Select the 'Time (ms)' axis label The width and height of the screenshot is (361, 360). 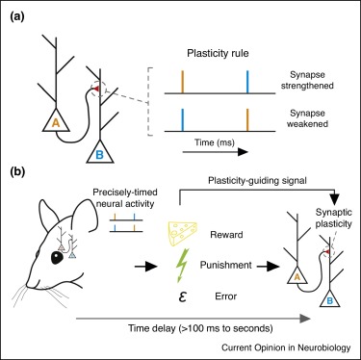193,153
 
